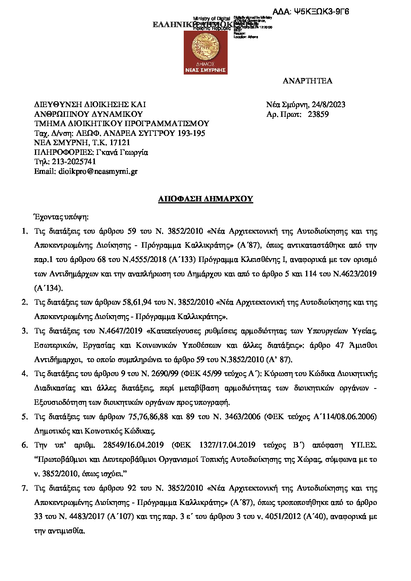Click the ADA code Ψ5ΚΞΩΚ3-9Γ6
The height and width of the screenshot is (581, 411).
[321, 12]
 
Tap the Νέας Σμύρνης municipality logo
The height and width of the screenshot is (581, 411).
[205, 52]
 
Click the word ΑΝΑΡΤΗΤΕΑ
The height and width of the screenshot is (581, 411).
[307, 81]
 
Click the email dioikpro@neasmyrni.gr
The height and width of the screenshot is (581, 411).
[98, 171]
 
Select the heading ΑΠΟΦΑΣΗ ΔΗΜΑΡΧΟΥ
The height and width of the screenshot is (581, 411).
[205, 199]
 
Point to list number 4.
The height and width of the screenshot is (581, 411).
[25, 374]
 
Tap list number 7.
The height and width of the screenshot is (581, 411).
[25, 488]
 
